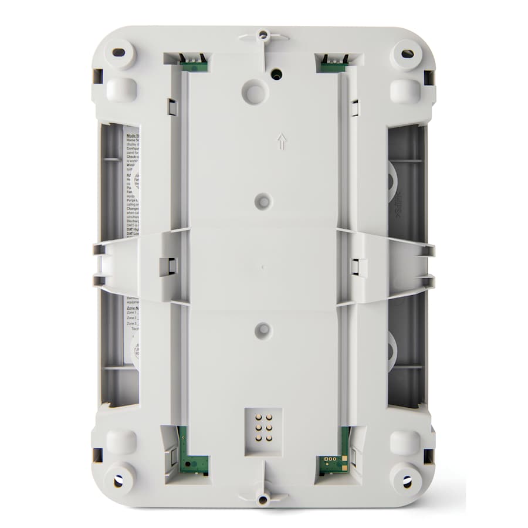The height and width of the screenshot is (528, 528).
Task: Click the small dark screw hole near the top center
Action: tap(276, 75)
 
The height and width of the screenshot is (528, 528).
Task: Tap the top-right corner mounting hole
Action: tap(407, 53)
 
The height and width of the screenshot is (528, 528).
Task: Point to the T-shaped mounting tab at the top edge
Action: tap(263, 36)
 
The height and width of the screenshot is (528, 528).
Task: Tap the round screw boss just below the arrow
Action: tap(263, 201)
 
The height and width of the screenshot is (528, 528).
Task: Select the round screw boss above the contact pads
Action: tap(263, 330)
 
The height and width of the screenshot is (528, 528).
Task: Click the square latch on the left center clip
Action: tap(167, 267)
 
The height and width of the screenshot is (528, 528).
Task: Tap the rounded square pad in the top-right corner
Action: tap(405, 91)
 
